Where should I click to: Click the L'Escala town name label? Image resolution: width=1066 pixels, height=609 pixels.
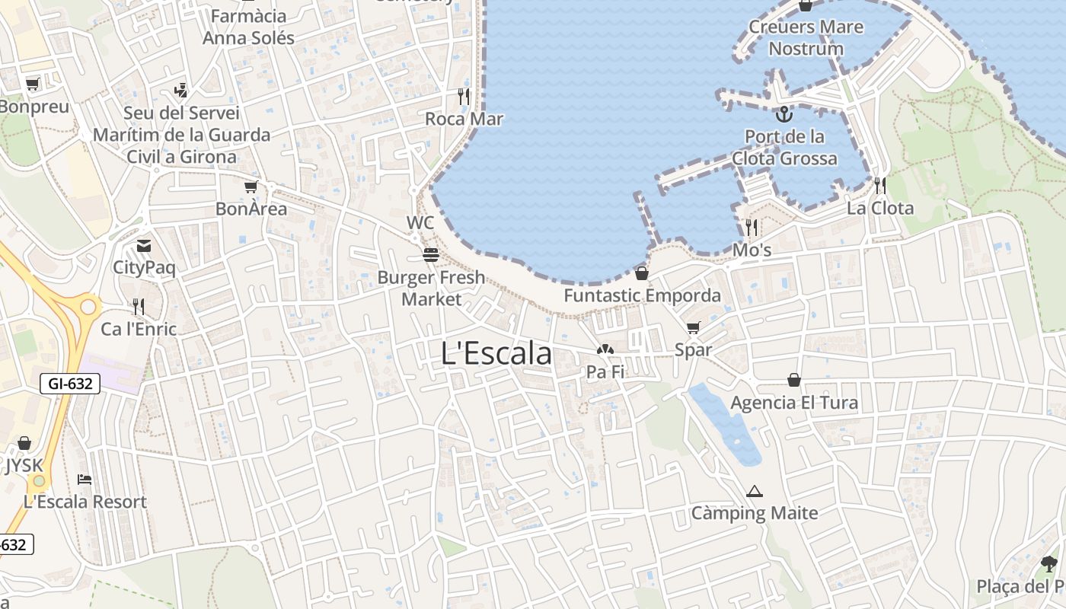496,353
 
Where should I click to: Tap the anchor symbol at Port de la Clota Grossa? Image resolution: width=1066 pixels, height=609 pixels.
784,115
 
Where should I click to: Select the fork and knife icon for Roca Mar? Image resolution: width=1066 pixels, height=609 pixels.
464,97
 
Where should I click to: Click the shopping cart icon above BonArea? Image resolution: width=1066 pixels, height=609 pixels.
251,187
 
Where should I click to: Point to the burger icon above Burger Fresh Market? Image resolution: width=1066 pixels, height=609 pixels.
431,255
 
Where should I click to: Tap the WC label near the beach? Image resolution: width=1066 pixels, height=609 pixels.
420,223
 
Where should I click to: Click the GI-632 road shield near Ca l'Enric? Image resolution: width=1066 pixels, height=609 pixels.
70,384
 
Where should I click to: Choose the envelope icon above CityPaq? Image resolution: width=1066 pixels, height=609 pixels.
144,246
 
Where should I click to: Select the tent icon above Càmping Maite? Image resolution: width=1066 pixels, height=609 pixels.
755,491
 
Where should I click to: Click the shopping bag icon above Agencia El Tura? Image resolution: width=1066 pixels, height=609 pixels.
794,380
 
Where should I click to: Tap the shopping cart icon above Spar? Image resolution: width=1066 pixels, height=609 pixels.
693,328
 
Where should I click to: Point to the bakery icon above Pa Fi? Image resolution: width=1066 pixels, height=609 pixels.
605,350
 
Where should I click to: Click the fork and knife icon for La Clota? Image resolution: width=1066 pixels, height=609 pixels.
880,186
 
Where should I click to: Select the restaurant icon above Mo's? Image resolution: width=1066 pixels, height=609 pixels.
752,228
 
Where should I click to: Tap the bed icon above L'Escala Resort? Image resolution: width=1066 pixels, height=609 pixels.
85,480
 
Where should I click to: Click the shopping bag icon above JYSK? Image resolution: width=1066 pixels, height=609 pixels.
24,443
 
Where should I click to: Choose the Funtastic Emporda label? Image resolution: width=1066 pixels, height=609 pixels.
642,295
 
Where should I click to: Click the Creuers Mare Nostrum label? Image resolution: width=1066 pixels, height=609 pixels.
806,38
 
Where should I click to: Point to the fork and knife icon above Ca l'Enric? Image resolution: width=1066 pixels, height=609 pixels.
139,307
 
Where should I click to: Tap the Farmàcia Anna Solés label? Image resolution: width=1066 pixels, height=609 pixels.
248,27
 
